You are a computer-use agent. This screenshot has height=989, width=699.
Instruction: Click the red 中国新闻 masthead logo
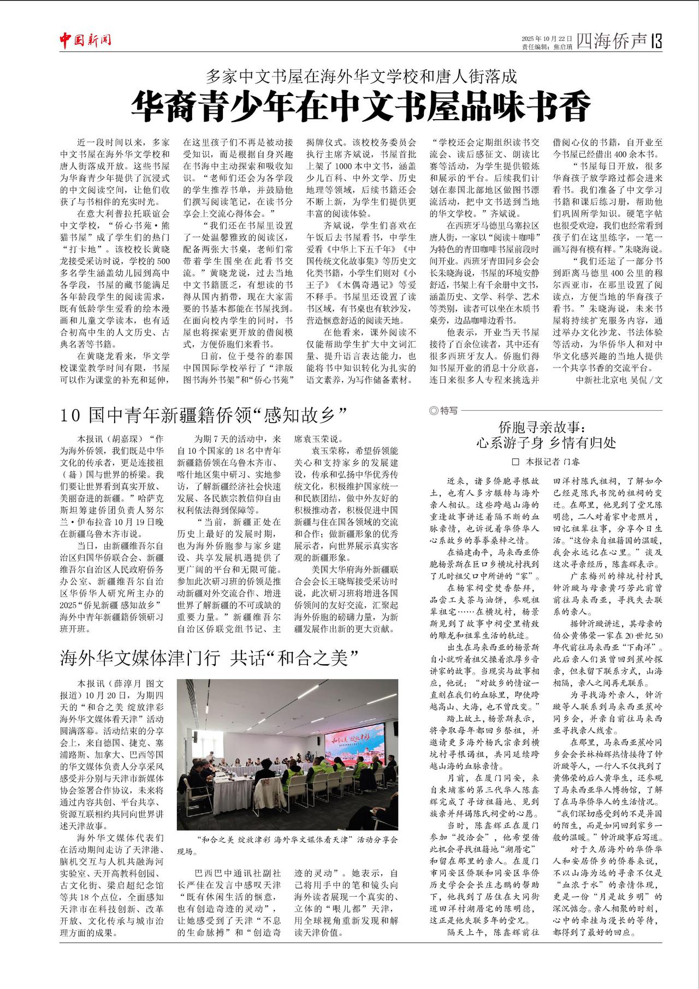(85, 39)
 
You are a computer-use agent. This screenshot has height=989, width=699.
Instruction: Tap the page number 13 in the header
(656, 41)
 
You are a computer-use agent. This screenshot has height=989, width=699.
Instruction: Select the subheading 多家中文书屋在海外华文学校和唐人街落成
(360, 76)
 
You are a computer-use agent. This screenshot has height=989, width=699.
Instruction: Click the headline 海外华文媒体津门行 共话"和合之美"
(212, 658)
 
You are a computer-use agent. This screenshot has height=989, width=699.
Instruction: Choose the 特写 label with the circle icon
(443, 410)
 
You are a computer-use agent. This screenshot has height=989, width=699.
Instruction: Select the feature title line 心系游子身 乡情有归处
(546, 442)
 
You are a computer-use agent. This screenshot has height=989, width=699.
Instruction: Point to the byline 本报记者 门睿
(552, 461)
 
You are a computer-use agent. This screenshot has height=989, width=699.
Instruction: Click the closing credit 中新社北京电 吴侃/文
(619, 380)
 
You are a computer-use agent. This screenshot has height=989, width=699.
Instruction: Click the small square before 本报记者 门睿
(514, 462)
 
